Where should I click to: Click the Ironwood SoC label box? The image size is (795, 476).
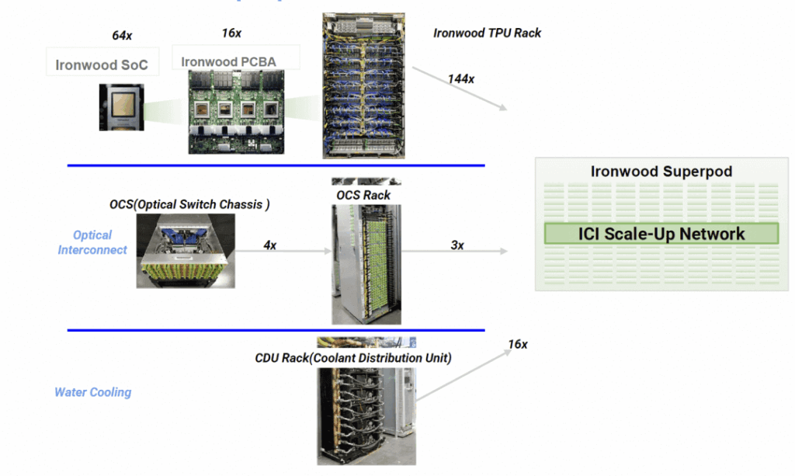(x=102, y=64)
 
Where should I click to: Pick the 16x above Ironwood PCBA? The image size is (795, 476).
(x=231, y=33)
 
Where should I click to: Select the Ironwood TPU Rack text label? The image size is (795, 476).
(x=487, y=33)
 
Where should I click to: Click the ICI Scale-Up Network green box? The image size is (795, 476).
(x=661, y=234)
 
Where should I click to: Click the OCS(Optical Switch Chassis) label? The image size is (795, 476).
(x=189, y=205)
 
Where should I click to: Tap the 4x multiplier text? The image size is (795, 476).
(x=270, y=245)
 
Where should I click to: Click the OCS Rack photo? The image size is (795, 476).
(x=366, y=264)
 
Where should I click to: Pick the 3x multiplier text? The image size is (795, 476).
(x=457, y=245)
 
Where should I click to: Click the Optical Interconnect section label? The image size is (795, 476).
(x=92, y=242)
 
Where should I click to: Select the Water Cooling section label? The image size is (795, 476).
(x=92, y=392)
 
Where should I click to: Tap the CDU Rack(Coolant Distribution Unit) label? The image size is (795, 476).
(x=353, y=358)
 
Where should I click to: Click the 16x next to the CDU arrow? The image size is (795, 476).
(x=517, y=344)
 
